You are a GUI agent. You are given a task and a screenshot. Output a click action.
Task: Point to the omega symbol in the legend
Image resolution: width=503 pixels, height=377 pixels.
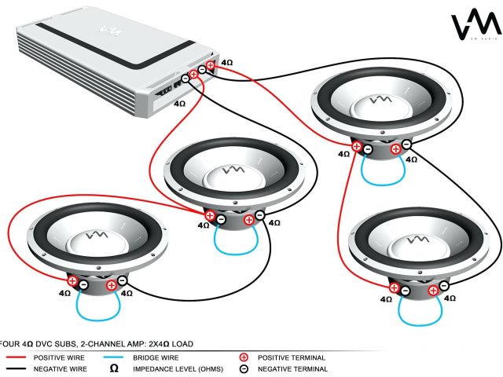pyautogui.click(x=116, y=368)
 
